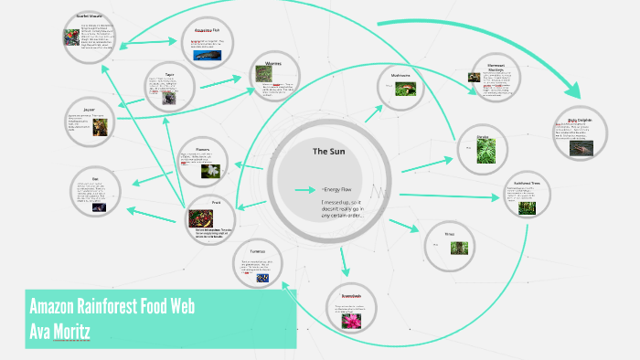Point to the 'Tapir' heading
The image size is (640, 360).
[x=169, y=75]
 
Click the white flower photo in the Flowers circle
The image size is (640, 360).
[x=212, y=170]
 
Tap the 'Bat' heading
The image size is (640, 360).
[x=95, y=178]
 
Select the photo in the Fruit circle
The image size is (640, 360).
[x=200, y=218]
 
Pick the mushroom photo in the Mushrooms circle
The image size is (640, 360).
[x=405, y=89]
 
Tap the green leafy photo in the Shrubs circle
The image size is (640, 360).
[x=485, y=152]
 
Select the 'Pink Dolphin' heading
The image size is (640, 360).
[x=581, y=120]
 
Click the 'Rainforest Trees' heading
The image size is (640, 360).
[x=526, y=185]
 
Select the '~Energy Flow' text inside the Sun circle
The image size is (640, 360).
[x=336, y=190]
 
